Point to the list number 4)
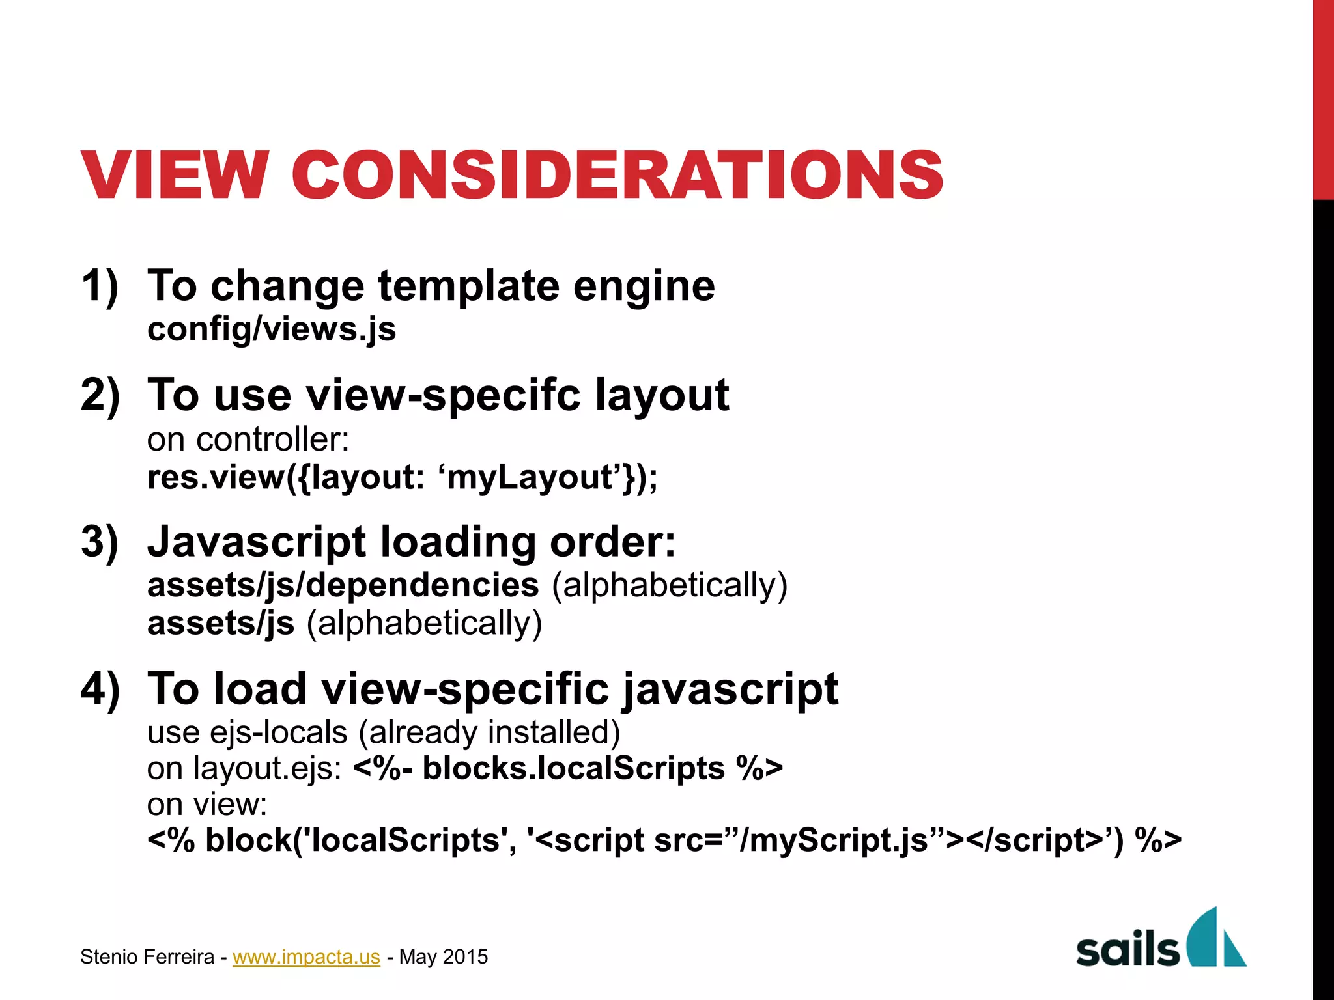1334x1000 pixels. [x=100, y=688]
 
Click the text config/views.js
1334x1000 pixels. [x=271, y=329]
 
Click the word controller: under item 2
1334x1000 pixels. [x=273, y=439]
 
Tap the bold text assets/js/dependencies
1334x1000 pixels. [x=343, y=585]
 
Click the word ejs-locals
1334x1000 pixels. [x=278, y=732]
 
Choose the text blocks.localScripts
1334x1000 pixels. [x=573, y=768]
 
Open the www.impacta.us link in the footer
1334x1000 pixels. [x=306, y=956]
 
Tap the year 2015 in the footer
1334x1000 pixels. [x=465, y=956]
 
